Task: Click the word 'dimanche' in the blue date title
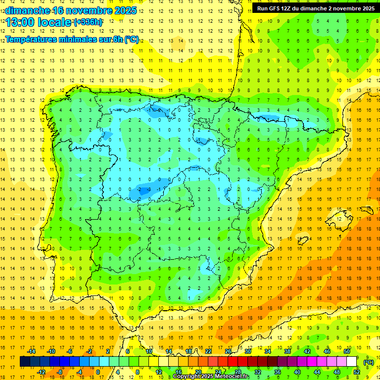pyautogui.click(x=27, y=10)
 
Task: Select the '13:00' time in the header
pyautogui.click(x=19, y=22)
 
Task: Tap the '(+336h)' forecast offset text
pyautogui.click(x=88, y=22)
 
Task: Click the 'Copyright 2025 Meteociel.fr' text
pyautogui.click(x=211, y=377)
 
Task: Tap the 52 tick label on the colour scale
pyautogui.click(x=357, y=372)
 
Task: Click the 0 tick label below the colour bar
pyautogui.click(x=98, y=372)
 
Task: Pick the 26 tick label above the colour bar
pyautogui.click(x=228, y=351)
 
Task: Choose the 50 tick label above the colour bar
pyautogui.click(x=346, y=351)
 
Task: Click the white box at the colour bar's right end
pyautogui.click(x=351, y=362)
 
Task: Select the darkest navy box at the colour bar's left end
pyautogui.click(x=25, y=362)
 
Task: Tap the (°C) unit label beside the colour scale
pyautogui.click(x=369, y=362)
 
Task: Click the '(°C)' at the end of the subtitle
pyautogui.click(x=131, y=40)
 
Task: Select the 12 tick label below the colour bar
pyautogui.click(x=159, y=372)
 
